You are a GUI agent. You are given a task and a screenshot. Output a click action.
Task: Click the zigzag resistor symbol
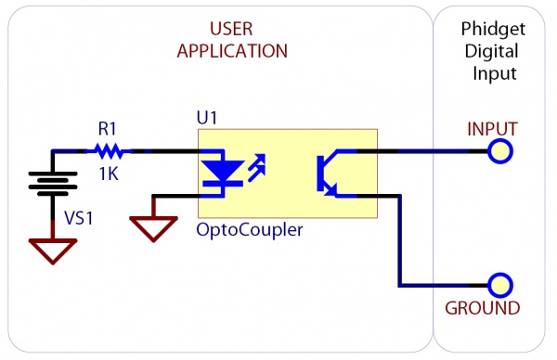[x=110, y=149]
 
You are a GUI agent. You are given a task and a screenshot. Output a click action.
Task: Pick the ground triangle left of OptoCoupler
[x=152, y=226]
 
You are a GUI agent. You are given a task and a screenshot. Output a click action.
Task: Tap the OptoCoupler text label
[x=249, y=230]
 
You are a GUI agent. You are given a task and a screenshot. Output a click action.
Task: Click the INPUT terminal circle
[x=501, y=150]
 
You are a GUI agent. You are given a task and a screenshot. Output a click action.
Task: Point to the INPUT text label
[x=491, y=127]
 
